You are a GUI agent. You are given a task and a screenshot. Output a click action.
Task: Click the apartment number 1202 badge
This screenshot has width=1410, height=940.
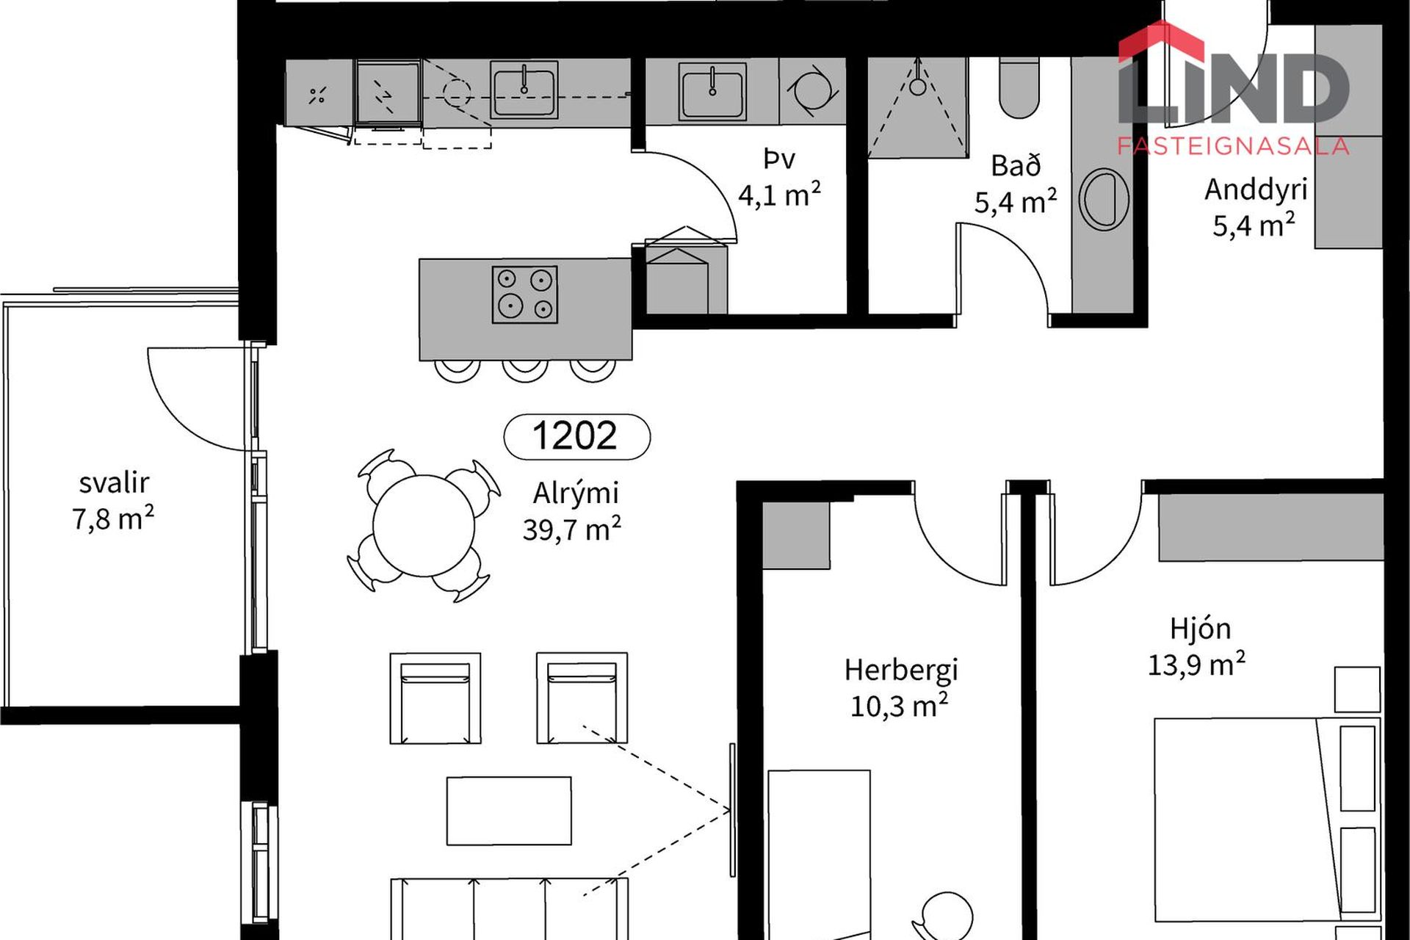pyautogui.click(x=576, y=436)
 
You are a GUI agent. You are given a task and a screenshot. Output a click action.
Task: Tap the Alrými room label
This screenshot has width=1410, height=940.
pyautogui.click(x=576, y=493)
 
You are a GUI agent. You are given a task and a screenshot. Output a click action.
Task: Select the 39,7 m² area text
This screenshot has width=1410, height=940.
pyautogui.click(x=571, y=529)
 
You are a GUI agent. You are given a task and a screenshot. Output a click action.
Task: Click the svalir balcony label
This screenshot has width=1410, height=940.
pyautogui.click(x=114, y=482)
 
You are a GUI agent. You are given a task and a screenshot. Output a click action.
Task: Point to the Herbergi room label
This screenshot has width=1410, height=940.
pyautogui.click(x=901, y=670)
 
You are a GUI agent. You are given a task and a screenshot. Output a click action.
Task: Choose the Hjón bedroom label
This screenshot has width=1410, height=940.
pyautogui.click(x=1200, y=629)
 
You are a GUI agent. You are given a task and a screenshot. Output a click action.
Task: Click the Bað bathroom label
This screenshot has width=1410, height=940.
pyautogui.click(x=1016, y=166)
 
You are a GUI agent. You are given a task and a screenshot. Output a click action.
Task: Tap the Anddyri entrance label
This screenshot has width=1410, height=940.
pyautogui.click(x=1256, y=190)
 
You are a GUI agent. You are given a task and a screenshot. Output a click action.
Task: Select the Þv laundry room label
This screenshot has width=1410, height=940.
pyautogui.click(x=779, y=159)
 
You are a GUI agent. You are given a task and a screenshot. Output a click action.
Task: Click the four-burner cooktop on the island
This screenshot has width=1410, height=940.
pyautogui.click(x=524, y=294)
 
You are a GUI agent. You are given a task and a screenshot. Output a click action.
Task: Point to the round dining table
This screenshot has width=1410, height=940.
pyautogui.click(x=424, y=525)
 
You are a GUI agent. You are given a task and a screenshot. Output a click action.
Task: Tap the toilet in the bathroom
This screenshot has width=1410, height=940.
pyautogui.click(x=1019, y=87)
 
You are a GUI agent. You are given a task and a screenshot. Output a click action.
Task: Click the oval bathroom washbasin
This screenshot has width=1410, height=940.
pyautogui.click(x=1104, y=199)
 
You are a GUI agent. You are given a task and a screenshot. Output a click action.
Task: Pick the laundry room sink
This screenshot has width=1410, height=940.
pyautogui.click(x=712, y=91)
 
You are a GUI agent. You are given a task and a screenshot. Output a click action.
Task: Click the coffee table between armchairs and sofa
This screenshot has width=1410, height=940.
pyautogui.click(x=509, y=811)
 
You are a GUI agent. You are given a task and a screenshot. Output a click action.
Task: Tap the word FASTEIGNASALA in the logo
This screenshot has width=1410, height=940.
pyautogui.click(x=1233, y=146)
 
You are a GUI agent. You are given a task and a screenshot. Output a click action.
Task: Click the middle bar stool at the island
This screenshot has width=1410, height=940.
pyautogui.click(x=524, y=370)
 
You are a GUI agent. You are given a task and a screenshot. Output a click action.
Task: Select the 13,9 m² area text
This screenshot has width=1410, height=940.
pyautogui.click(x=1196, y=665)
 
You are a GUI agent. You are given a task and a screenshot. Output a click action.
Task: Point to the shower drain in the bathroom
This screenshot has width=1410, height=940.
pyautogui.click(x=918, y=87)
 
